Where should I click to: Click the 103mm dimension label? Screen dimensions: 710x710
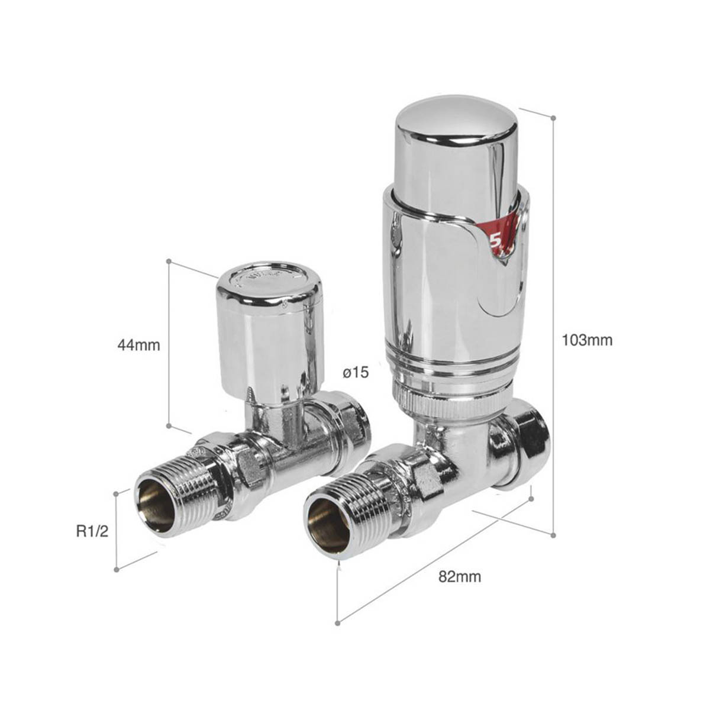587,340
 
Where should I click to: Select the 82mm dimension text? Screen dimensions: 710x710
460,577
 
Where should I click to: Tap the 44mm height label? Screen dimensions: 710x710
138,345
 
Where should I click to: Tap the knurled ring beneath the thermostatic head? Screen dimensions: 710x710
450,403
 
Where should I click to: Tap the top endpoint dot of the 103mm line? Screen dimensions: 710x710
553,118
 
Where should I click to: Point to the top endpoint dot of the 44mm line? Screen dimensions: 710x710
169,261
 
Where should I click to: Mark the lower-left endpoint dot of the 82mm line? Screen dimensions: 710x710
338,622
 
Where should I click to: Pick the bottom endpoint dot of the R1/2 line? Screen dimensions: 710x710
117,569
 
